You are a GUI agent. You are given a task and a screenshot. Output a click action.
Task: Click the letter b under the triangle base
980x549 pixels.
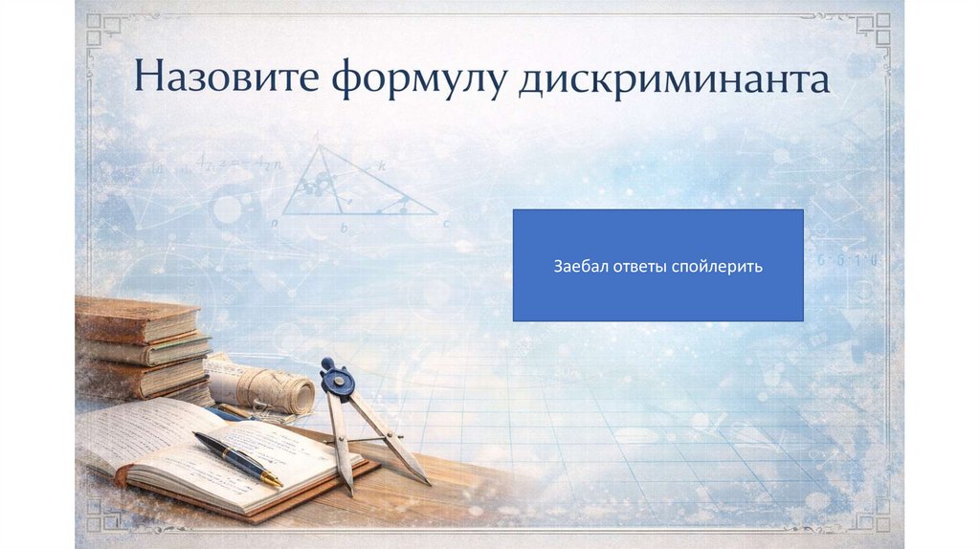coord(345,230)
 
